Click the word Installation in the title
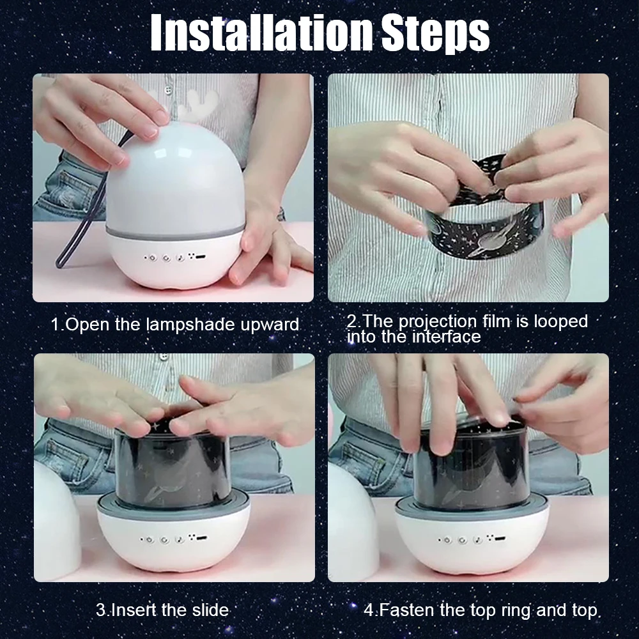click(261, 33)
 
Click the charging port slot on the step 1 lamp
click(201, 257)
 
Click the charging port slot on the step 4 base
click(500, 539)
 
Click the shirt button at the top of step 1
click(167, 90)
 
